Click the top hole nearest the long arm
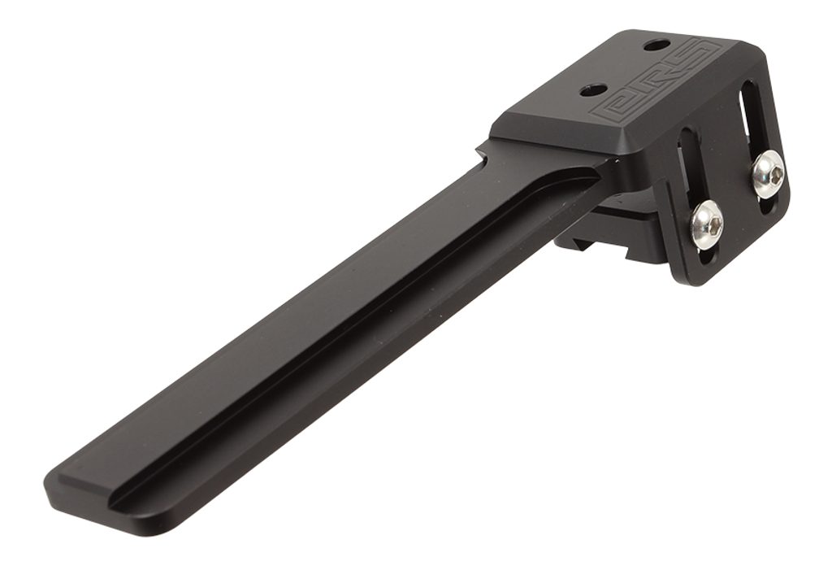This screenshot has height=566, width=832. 591,91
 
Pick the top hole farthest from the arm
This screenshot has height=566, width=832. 655,46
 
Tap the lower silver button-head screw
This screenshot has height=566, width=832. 708,225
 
